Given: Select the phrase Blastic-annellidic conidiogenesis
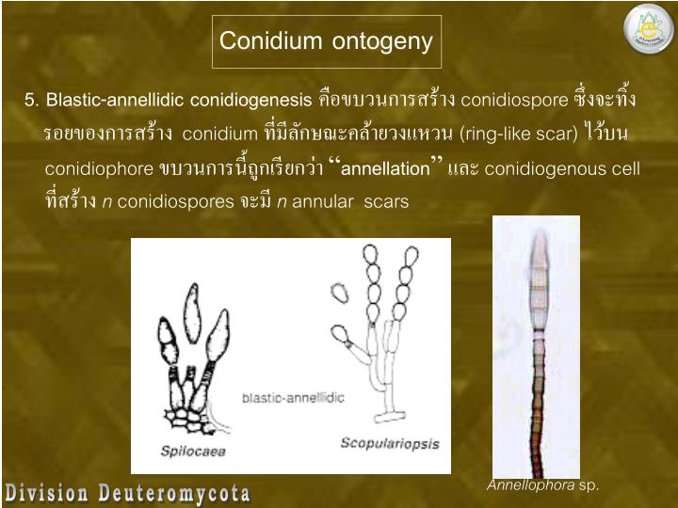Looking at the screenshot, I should pyautogui.click(x=179, y=100).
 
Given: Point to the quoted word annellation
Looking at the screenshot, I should pyautogui.click(x=383, y=169).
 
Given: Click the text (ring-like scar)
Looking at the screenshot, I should pyautogui.click(x=519, y=134).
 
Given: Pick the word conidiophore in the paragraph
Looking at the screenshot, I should pyautogui.click(x=99, y=169).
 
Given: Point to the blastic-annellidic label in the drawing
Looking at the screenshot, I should pyautogui.click(x=293, y=398).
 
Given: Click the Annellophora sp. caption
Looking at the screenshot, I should pyautogui.click(x=542, y=485).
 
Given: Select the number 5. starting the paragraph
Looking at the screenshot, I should pyautogui.click(x=32, y=100).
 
